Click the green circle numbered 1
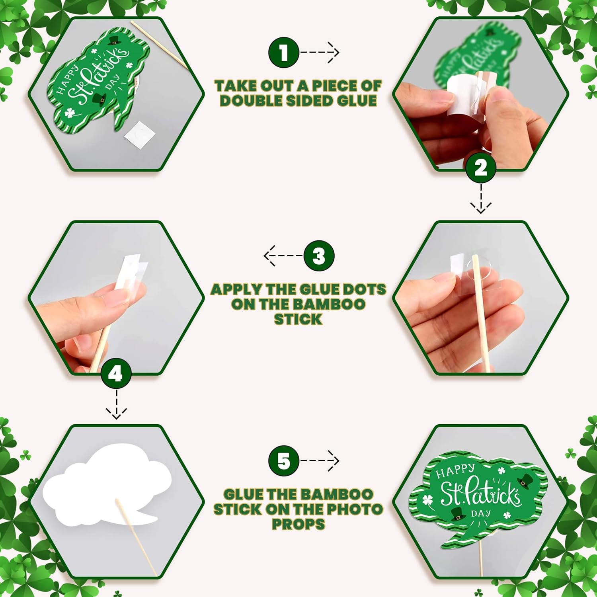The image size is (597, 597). [283, 52]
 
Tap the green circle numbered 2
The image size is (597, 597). [481, 168]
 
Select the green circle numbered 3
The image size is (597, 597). [319, 256]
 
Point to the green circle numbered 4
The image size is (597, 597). [116, 374]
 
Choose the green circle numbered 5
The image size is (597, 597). [284, 461]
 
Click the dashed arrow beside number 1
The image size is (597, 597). [320, 52]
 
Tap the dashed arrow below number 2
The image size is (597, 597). [481, 198]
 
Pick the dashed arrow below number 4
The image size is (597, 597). [116, 404]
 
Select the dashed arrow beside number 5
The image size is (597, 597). [320, 461]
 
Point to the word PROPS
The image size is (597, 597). [298, 524]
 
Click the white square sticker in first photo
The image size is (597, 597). [139, 135]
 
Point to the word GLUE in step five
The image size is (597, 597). [243, 494]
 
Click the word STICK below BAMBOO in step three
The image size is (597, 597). [298, 319]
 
